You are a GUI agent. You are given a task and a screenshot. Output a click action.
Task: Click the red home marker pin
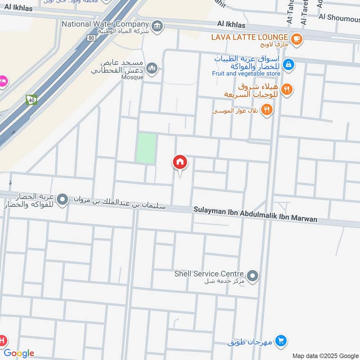tap(180, 162)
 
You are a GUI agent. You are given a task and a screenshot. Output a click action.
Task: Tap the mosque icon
tap(152, 68)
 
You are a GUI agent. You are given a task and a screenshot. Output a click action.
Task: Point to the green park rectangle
tap(146, 148)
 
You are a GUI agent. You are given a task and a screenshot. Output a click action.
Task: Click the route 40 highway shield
tap(31, 100)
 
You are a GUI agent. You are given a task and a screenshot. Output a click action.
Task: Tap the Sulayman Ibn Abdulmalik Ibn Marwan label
tap(255, 215)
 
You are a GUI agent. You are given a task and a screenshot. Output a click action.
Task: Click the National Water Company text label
tap(106, 23)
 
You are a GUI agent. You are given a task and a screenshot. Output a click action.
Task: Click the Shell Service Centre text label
tap(209, 274)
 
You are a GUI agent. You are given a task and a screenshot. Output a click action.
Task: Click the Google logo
tap(19, 353)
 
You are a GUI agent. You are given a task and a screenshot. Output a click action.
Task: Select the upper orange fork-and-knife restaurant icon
tap(287, 90)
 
